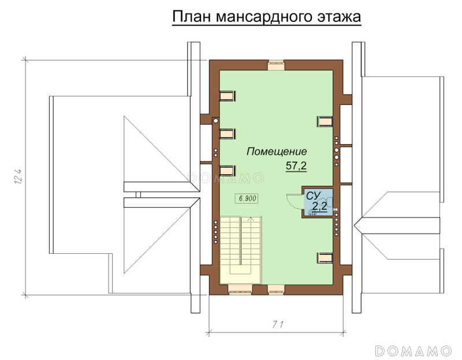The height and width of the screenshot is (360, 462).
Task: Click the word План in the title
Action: [x=191, y=17]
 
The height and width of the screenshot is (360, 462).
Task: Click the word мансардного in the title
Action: [x=264, y=18]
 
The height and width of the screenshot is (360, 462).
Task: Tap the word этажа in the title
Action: [x=339, y=17]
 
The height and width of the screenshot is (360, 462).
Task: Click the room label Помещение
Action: [x=277, y=152]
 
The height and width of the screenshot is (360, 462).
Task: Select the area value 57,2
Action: [x=296, y=166]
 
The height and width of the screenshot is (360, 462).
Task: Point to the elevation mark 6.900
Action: [x=247, y=198]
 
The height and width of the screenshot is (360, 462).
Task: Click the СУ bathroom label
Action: [x=313, y=196]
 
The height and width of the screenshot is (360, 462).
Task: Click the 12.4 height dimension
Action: [x=18, y=177]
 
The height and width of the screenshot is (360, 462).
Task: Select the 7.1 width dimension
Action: [x=278, y=325]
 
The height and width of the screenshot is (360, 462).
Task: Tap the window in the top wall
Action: [x=276, y=65]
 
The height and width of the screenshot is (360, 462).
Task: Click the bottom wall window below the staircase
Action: [x=240, y=290]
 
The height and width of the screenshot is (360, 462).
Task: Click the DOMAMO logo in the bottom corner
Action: [x=413, y=351]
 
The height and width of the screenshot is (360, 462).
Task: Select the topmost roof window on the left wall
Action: [x=228, y=96]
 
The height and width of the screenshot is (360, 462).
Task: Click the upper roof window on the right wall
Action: [x=325, y=121]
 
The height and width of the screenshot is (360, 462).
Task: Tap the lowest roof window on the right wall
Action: [x=325, y=257]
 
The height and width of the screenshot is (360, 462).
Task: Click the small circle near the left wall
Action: [x=215, y=121]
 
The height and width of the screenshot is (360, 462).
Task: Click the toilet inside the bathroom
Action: [x=329, y=202]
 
